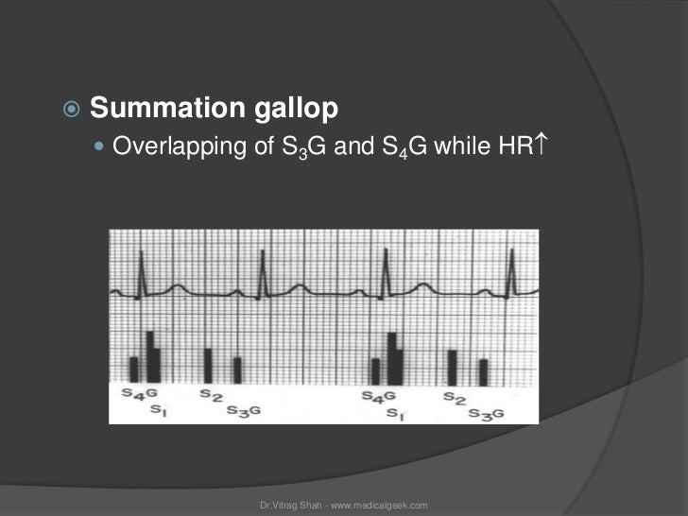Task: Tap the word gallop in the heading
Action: pos(284,110)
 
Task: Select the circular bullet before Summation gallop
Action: pos(74,111)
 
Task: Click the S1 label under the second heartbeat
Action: pos(396,415)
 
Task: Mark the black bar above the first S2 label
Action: pos(208,366)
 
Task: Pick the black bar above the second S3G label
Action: pos(483,371)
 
